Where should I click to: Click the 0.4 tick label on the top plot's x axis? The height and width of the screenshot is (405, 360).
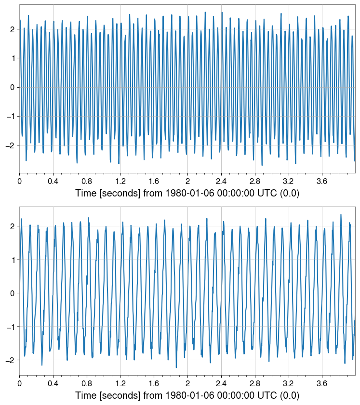53,182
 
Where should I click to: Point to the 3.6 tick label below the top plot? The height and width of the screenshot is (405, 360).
321,182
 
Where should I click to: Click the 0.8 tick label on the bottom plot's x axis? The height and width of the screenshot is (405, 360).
86,384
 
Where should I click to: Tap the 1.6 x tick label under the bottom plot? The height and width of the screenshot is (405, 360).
154,384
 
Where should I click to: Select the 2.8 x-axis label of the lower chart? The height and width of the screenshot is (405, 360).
254,384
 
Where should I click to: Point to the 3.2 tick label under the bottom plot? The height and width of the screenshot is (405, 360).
288,384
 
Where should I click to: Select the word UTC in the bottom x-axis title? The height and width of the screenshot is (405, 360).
267,396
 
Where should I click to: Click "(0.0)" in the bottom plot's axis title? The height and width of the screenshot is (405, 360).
289,396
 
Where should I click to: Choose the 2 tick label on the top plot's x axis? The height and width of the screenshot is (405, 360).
187,182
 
